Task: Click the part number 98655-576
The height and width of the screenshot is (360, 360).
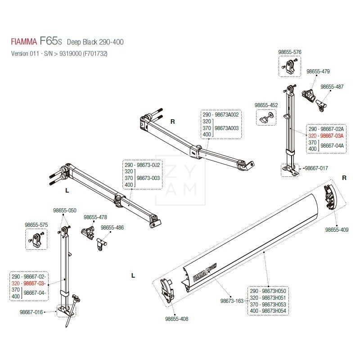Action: coord(291,52)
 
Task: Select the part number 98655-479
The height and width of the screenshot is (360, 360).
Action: coord(318,71)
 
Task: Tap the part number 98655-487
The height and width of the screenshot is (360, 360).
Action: coord(332,87)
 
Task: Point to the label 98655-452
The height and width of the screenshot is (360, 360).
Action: coord(266,105)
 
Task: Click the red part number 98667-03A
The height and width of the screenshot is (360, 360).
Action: coord(332,136)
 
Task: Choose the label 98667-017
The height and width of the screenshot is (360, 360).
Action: coord(316,168)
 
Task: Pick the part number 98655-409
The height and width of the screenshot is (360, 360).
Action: coord(337,229)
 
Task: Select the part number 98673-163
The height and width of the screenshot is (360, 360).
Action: coord(232,301)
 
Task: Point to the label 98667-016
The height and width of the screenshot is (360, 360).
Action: coord(31,311)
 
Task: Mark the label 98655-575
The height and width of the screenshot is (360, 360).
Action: coord(36,224)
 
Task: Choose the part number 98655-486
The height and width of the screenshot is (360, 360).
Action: coord(112,228)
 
